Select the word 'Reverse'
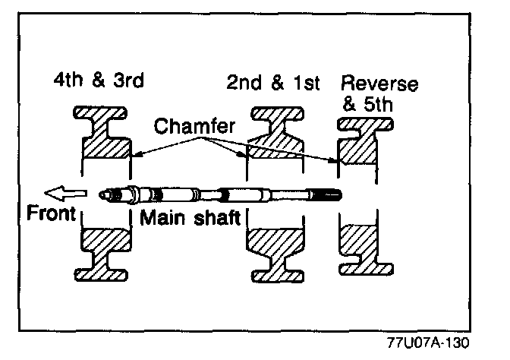point(379,83)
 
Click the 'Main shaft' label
point(190,218)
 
